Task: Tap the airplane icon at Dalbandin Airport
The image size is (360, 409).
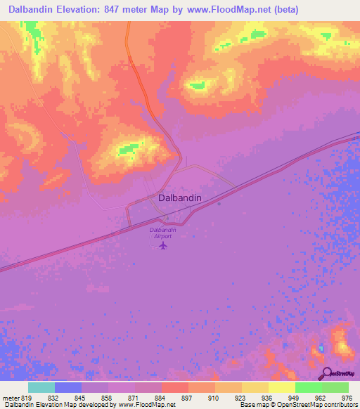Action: click(x=163, y=246)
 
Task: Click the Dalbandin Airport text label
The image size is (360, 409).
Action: click(x=162, y=233)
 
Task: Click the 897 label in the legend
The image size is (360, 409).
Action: click(x=188, y=397)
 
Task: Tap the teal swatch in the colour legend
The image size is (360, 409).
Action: click(x=41, y=387)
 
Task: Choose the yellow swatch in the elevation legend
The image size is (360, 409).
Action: click(x=282, y=387)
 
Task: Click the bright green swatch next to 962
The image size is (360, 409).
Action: click(x=309, y=387)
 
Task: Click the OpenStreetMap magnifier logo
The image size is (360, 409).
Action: click(x=327, y=373)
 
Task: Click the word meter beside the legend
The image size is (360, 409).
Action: click(x=11, y=397)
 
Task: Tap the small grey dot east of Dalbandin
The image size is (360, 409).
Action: click(x=219, y=204)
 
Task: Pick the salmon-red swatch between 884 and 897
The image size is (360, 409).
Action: click(x=175, y=387)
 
